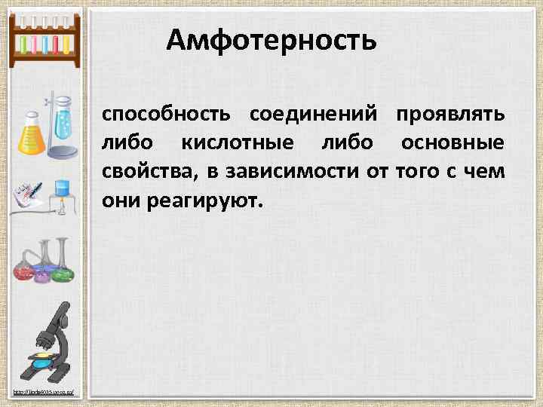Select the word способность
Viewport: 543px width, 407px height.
pyautogui.click(x=167, y=115)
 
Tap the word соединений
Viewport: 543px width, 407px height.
pyautogui.click(x=313, y=115)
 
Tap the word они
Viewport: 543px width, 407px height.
pyautogui.click(x=119, y=201)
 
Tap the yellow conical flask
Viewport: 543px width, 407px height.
pyautogui.click(x=31, y=136)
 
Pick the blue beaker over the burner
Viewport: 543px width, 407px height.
pyautogui.click(x=62, y=188)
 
